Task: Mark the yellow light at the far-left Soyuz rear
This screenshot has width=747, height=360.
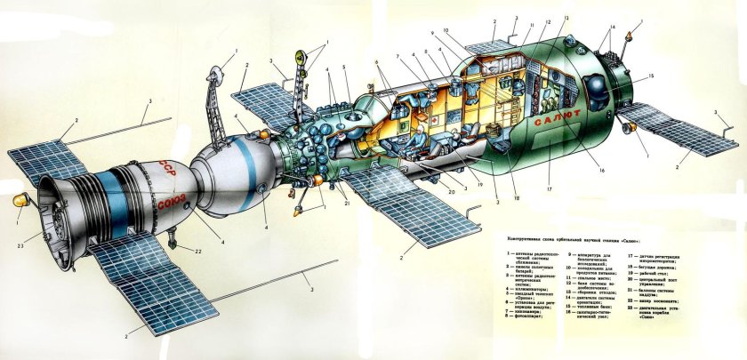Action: [18, 204]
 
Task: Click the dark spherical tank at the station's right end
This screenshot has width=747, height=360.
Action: [593, 86]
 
